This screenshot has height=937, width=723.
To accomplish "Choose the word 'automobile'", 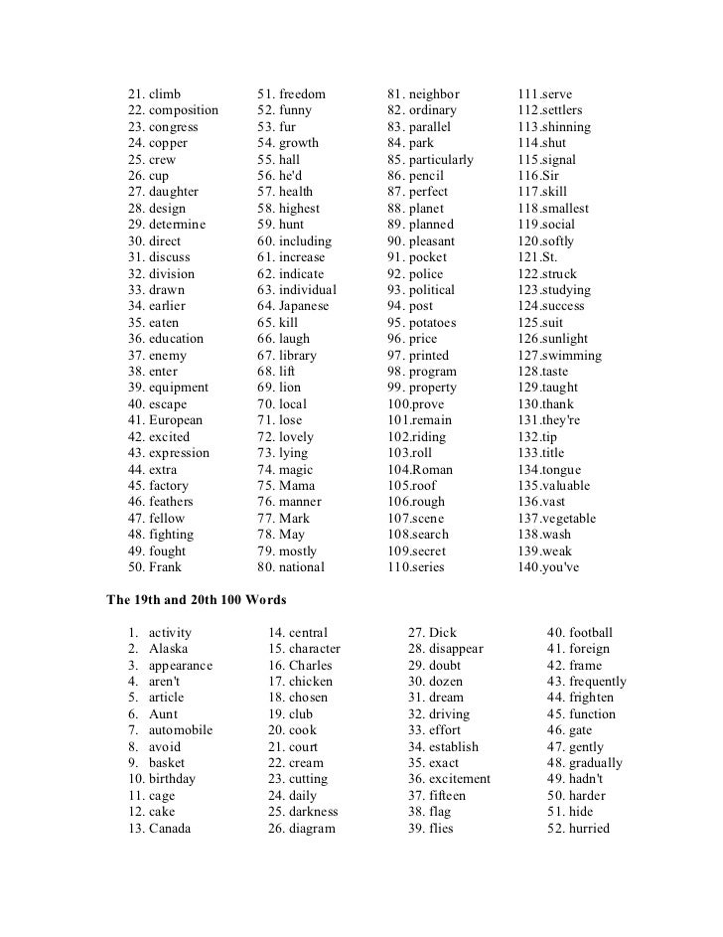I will click(x=181, y=730).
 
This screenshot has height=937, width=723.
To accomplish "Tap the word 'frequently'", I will click(x=598, y=682).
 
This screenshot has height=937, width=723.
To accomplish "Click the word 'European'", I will click(x=176, y=420).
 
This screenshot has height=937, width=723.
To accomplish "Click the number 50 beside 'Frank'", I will click(x=136, y=567).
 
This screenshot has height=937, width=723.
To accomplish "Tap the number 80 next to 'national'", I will click(x=265, y=567).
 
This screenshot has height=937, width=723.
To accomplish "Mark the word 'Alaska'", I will click(x=170, y=649).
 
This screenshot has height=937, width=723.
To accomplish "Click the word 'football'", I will click(x=591, y=633).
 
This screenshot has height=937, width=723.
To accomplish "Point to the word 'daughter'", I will click(x=174, y=192).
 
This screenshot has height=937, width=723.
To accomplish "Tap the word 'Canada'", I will click(x=170, y=828).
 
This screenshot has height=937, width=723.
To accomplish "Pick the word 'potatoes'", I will click(x=433, y=323).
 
